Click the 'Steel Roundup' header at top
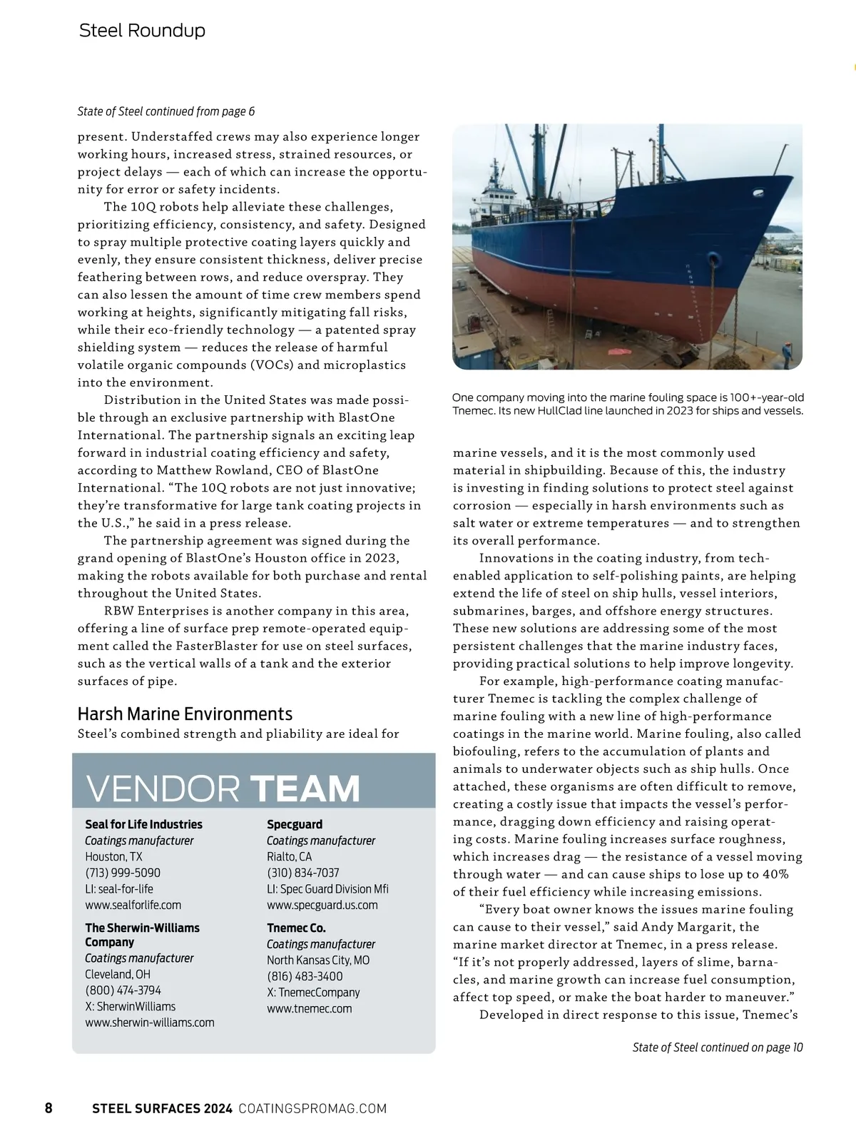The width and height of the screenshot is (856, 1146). pos(142,31)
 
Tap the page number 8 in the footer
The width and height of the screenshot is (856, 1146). pos(49,1108)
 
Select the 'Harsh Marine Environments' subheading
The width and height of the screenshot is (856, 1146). pos(185,714)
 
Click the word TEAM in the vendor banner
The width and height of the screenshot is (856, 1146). pos(305,788)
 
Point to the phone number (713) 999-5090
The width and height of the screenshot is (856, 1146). pos(123,873)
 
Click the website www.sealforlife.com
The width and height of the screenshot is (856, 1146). pos(133,905)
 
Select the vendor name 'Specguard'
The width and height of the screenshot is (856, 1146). pos(295,824)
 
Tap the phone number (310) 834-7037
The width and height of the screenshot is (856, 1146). pos(303,873)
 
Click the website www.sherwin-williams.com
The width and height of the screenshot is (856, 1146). pos(150,1023)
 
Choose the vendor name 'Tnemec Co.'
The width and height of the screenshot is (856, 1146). pos(296,928)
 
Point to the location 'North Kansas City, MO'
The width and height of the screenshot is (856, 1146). pos(318,960)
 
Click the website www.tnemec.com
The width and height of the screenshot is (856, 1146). pos(310,1009)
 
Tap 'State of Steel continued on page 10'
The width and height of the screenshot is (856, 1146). pos(717,1048)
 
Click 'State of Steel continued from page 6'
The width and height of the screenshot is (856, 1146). pos(166,111)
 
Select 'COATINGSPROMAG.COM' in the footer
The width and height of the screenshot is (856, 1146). pos(312,1108)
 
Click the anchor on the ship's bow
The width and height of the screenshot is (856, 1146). pos(714,260)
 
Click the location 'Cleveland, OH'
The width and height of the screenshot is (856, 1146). pos(118,975)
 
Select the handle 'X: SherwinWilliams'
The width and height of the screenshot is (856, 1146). pos(130,1007)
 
